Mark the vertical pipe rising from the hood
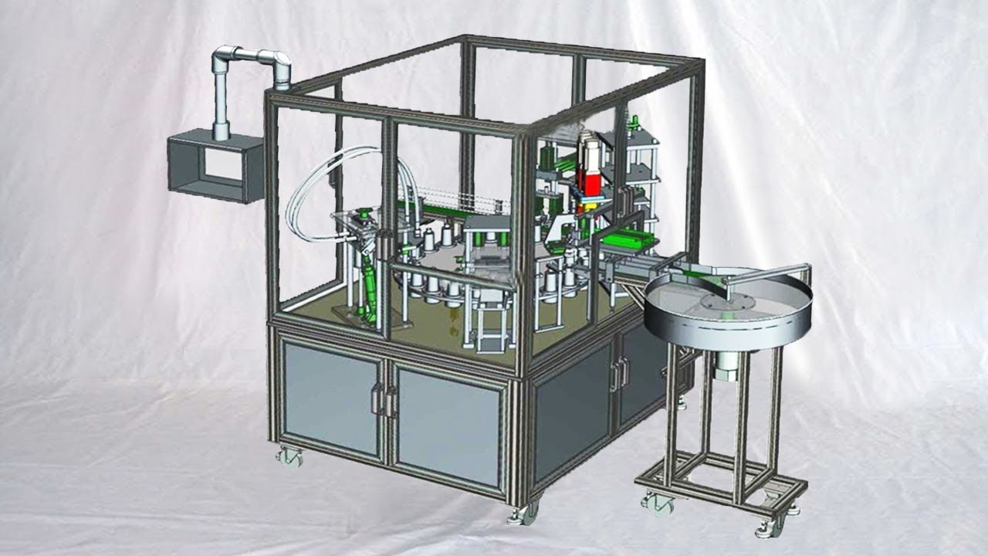click(222, 108)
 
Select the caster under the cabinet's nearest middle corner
click(521, 513)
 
